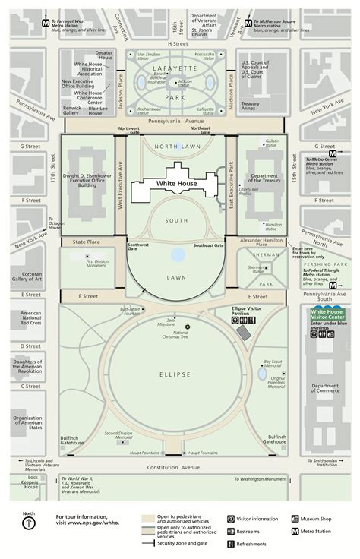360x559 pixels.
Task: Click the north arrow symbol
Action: pos(28,526)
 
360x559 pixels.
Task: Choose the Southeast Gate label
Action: pos(208,245)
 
